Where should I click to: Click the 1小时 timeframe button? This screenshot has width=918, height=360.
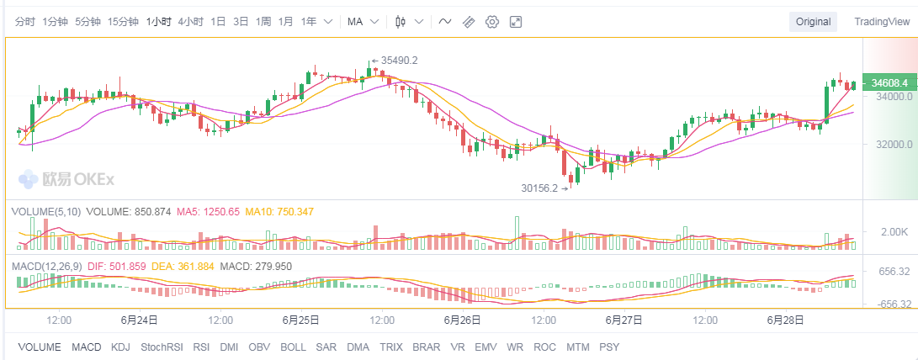[x=157, y=22]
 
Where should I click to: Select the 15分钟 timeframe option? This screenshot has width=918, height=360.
[x=123, y=22]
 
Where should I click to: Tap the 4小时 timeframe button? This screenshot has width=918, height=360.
[x=190, y=22]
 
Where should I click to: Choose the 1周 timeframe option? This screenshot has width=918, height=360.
[x=263, y=22]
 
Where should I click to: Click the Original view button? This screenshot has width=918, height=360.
[x=814, y=22]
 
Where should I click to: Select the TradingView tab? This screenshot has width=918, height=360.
[x=881, y=22]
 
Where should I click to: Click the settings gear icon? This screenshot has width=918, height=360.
[x=492, y=22]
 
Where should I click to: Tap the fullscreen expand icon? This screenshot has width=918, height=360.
[x=516, y=22]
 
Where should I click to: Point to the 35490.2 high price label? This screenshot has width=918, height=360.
[x=399, y=61]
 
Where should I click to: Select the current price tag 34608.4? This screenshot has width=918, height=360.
[x=889, y=83]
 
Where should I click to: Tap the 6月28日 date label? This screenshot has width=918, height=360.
[x=786, y=320]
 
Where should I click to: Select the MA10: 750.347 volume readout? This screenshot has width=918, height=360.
[x=279, y=212]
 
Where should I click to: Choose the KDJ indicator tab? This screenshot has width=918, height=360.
[x=121, y=347]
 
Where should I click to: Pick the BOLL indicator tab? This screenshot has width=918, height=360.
[x=293, y=347]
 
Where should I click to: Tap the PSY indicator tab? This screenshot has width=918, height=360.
[x=608, y=347]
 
